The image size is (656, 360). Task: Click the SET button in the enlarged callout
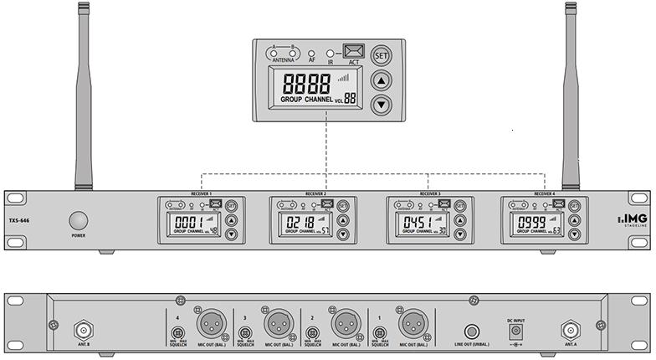(382, 56)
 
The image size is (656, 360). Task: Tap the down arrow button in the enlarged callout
(382, 104)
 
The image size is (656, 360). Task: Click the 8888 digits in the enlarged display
(306, 84)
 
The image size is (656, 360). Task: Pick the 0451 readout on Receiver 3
(416, 223)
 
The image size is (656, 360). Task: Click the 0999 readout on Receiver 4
(531, 223)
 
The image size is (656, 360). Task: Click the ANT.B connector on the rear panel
(84, 328)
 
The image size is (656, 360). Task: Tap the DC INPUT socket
(516, 331)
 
